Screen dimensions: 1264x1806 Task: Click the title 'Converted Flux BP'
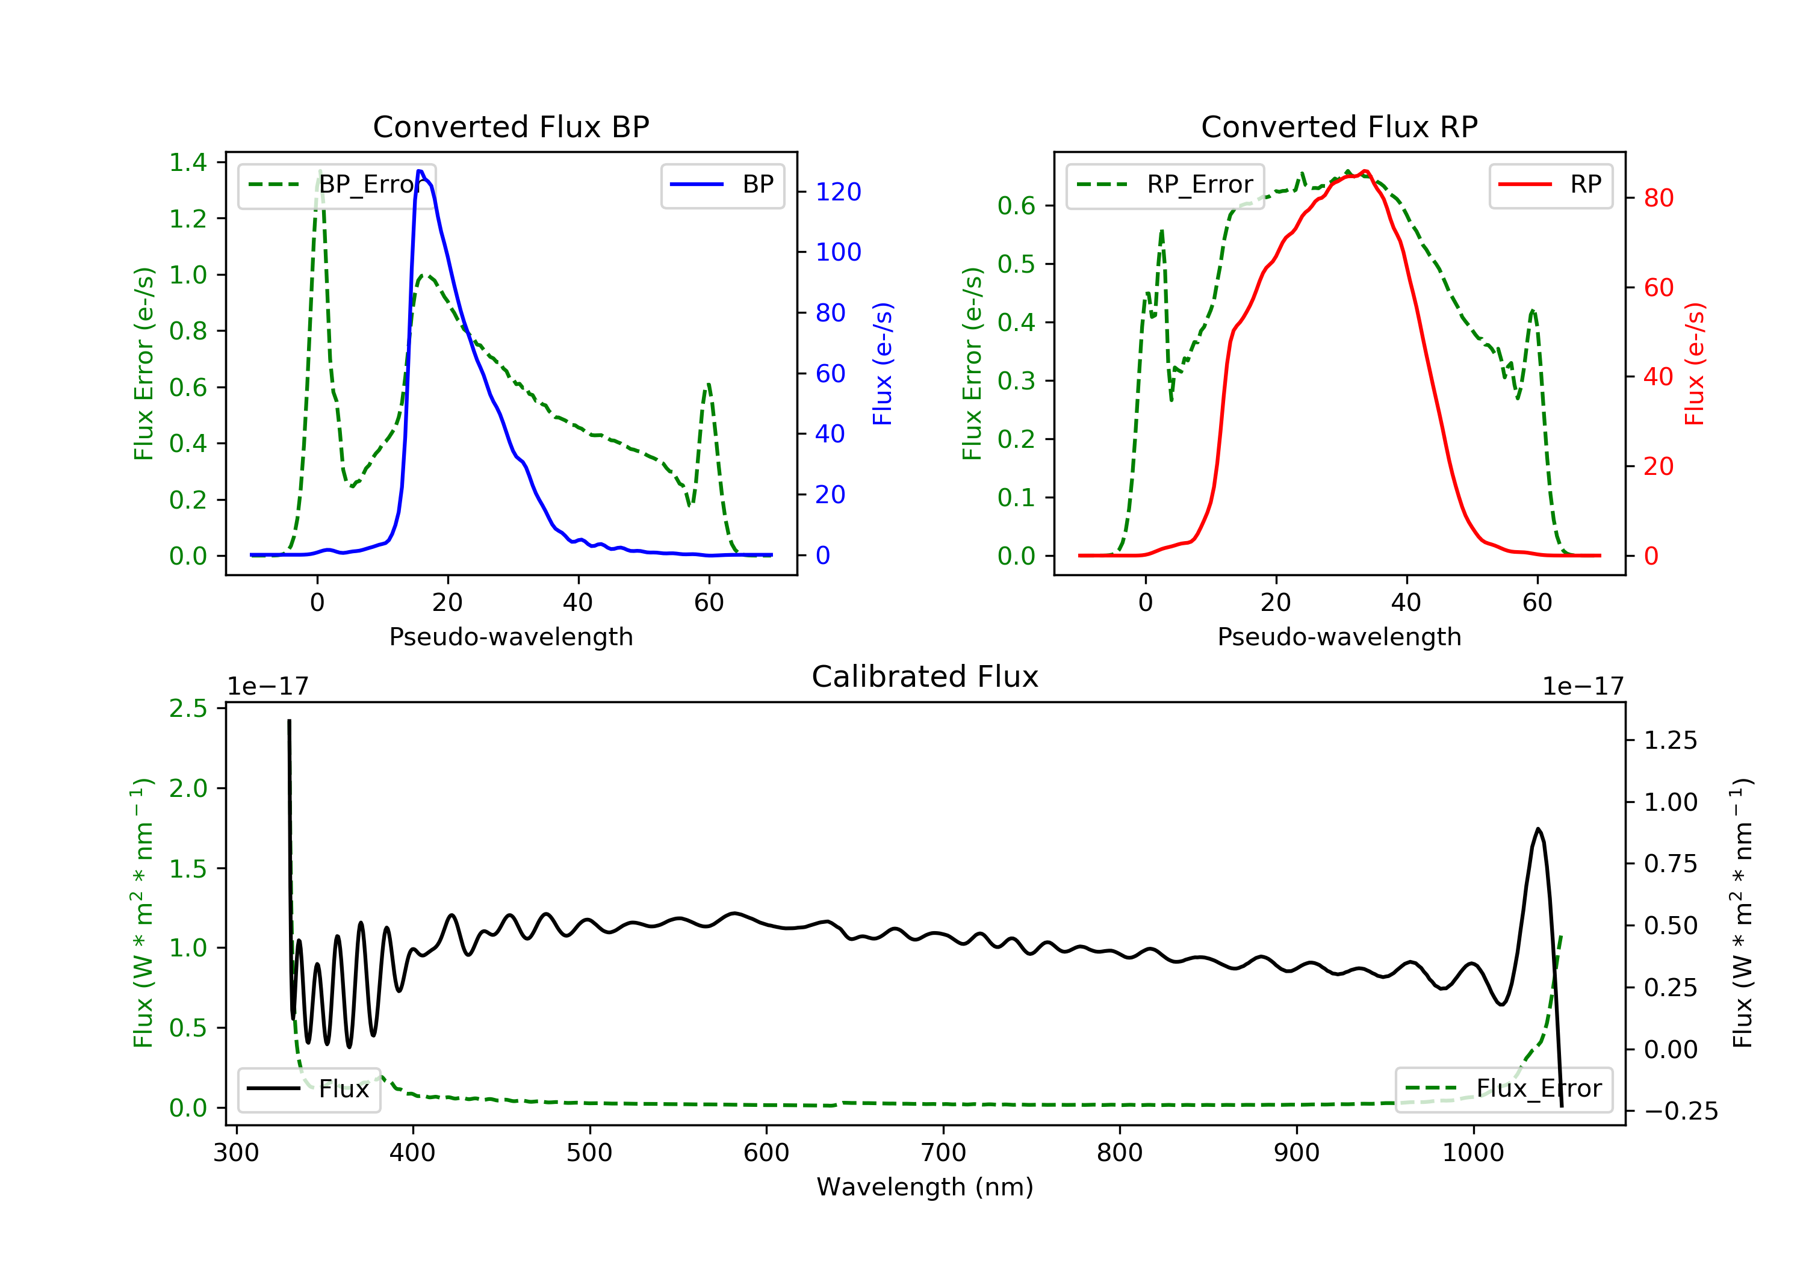point(510,126)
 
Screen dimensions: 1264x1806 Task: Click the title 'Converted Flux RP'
point(1339,126)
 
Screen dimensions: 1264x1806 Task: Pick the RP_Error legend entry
point(1165,185)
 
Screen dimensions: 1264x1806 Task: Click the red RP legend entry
point(1550,185)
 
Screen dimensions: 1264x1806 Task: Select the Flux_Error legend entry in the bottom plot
point(1503,1089)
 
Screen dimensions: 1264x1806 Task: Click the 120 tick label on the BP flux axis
point(838,192)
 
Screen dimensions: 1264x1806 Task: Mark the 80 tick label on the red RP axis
point(1658,198)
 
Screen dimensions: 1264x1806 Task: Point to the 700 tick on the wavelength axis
point(943,1153)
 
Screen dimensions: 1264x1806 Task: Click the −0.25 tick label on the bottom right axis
point(1680,1111)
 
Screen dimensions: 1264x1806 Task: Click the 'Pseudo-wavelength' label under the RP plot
point(1339,637)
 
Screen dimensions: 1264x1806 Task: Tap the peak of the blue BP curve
point(420,171)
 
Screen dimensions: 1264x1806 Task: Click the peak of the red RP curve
point(1365,172)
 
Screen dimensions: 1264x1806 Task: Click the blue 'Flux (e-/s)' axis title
point(883,364)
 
